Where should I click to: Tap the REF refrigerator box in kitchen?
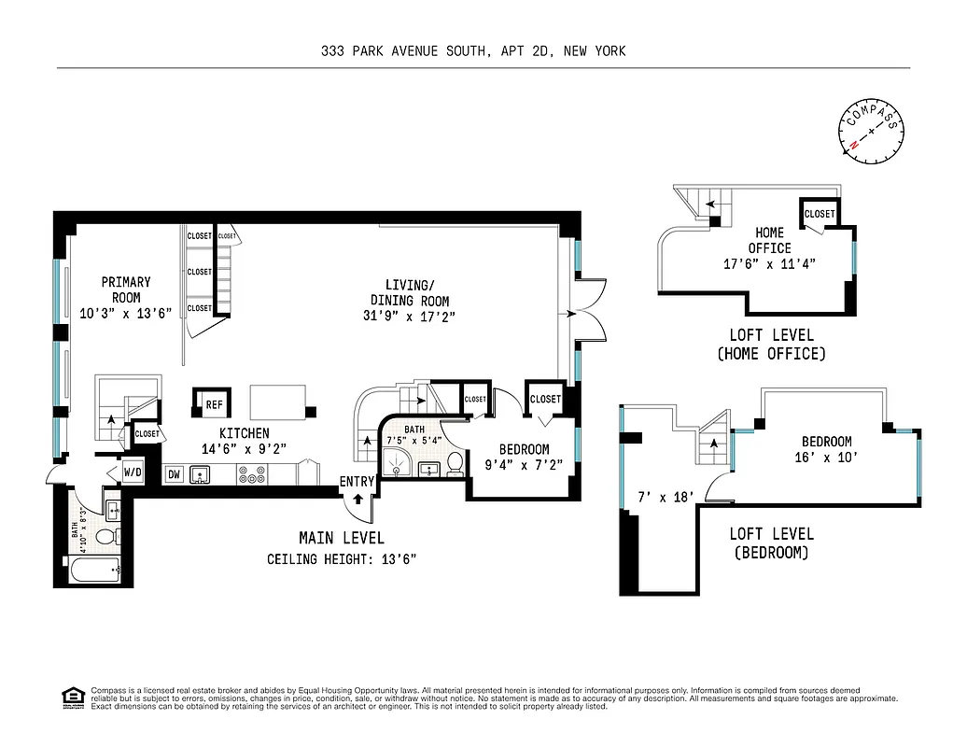[214, 404]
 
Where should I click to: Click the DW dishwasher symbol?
[174, 475]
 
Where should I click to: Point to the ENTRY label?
[357, 482]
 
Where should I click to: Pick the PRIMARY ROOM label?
[126, 289]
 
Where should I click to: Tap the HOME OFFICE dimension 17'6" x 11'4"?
[770, 263]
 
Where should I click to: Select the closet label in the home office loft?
[820, 214]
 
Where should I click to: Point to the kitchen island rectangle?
[280, 402]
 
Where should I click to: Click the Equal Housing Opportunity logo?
[70, 697]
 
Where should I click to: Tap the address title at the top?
[472, 51]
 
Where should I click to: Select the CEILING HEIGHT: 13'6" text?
[341, 560]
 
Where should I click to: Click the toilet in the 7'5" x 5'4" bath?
[455, 464]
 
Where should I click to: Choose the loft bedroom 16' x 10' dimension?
[826, 458]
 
